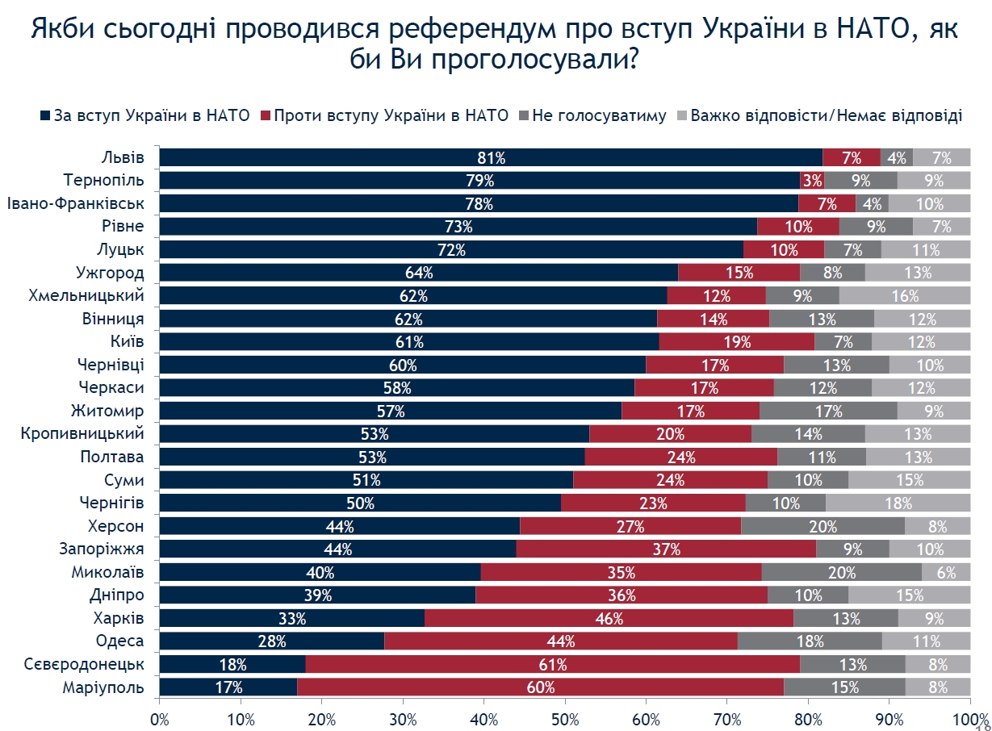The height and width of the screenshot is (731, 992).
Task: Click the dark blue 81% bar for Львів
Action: tap(491, 157)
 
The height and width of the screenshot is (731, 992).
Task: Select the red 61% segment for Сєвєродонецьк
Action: tap(552, 665)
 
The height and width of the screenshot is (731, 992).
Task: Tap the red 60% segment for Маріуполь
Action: tap(540, 687)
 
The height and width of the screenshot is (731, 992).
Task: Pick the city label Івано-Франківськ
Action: tap(76, 203)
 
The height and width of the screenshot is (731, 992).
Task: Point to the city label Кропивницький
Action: tap(82, 433)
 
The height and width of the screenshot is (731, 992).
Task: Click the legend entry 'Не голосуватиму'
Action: tap(598, 115)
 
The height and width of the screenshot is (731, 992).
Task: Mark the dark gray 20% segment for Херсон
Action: tap(822, 527)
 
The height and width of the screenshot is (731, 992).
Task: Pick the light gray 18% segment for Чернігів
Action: tap(898, 503)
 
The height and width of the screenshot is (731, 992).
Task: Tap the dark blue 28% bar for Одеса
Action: tap(272, 641)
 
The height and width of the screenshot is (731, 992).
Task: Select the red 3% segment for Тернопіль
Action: tap(812, 180)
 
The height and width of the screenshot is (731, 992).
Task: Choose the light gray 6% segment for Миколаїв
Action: tap(946, 573)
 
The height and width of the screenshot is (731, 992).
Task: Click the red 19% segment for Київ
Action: tap(737, 342)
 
